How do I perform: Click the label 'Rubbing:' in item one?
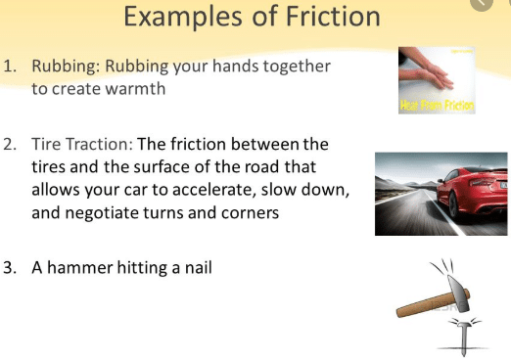point(65,67)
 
